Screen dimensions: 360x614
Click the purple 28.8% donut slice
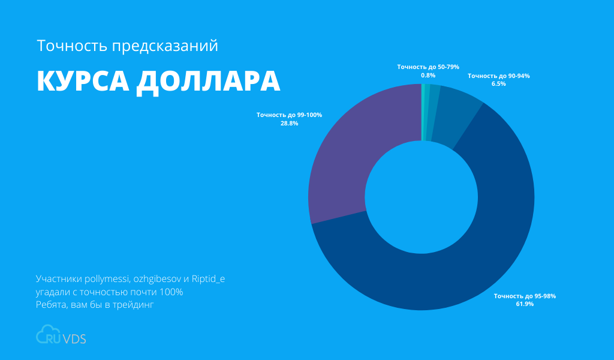coord(348,156)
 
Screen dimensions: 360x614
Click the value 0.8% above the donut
coord(428,75)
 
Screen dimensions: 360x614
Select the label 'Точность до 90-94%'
coord(498,76)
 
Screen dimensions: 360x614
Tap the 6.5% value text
coord(498,84)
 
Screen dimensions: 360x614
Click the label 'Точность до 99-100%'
coord(289,115)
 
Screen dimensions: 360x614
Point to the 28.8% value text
coord(289,123)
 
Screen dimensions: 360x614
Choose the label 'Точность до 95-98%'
coord(525,296)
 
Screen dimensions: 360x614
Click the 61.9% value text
coord(525,304)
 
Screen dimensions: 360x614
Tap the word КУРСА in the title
coord(81,82)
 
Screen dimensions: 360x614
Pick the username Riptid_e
coord(209,279)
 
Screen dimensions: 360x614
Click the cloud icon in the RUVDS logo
coord(46,335)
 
